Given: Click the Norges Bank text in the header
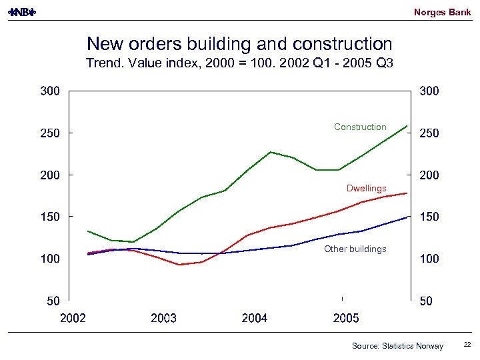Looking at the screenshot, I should point(442,12).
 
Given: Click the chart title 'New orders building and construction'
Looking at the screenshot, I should point(239,44).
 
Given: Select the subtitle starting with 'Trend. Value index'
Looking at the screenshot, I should point(239,64).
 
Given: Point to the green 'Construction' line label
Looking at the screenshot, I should point(360,127).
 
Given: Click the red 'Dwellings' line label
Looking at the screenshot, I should point(366,188).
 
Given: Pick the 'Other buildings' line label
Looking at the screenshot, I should point(355,249).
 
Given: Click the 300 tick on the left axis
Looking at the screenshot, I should point(50,91).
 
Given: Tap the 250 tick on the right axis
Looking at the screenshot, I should point(429,133).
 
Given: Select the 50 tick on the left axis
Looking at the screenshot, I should point(53,301).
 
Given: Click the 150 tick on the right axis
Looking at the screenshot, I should point(429,217).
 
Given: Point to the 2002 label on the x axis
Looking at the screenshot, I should point(73,318).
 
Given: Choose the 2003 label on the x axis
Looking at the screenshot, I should point(163,318).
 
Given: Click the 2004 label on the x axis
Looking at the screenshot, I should point(255,318).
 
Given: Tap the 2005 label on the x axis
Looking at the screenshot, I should point(345,318).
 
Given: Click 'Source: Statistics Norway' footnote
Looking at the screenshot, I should point(397,345).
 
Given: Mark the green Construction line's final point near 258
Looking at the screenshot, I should point(407,125).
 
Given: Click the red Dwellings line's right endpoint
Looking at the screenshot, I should point(407,193).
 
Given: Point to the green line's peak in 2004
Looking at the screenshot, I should point(271,152).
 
